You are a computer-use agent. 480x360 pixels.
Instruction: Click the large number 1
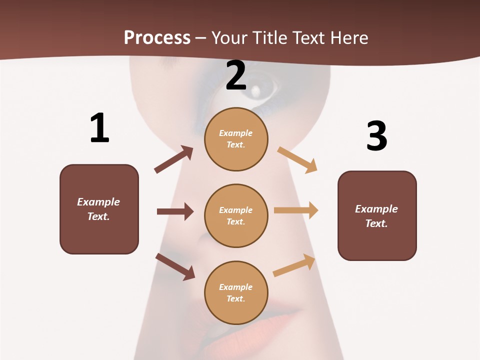[x=99, y=128]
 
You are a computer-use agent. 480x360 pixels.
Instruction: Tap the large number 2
[x=236, y=76]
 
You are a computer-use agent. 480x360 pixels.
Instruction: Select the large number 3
[x=376, y=136]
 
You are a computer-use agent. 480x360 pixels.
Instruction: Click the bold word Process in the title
[x=157, y=37]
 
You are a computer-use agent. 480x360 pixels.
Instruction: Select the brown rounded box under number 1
[x=99, y=209]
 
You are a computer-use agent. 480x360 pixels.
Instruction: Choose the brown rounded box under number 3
[x=377, y=215]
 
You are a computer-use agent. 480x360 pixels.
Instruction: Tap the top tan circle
[x=236, y=139]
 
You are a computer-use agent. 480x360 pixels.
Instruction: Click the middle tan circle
[x=236, y=215]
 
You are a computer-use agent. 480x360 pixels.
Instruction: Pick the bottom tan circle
[x=236, y=292]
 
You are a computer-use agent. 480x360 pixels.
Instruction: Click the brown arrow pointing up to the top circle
[x=174, y=159]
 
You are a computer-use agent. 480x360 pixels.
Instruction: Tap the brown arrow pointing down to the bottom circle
[x=175, y=266]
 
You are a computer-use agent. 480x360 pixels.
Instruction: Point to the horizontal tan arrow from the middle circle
[x=296, y=210]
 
